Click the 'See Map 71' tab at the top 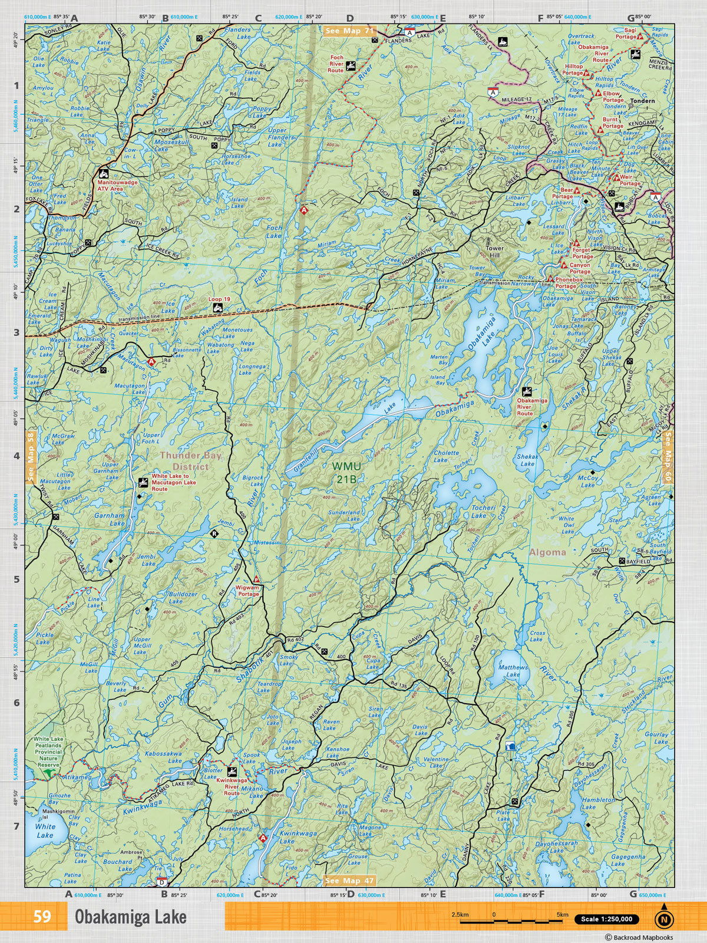(351, 31)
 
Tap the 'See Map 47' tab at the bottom (349, 881)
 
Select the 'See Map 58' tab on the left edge (30, 457)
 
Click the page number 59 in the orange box (42, 917)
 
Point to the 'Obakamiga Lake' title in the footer (130, 917)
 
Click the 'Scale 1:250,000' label (606, 919)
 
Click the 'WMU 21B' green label (344, 471)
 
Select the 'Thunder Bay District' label (184, 460)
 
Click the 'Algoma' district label (547, 552)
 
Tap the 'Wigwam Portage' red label (248, 591)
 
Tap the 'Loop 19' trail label (220, 299)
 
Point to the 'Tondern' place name (642, 101)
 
